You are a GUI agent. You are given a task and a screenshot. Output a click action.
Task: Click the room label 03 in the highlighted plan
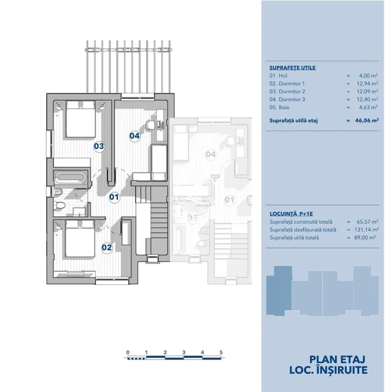99,146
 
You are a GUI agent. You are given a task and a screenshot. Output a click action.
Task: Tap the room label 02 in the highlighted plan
107,247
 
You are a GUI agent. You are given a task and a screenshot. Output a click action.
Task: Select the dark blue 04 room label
135,136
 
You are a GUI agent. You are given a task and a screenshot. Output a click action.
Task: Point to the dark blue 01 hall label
114,197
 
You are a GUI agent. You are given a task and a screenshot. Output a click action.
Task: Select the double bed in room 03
81,119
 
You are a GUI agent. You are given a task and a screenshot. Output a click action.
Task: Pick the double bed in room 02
80,239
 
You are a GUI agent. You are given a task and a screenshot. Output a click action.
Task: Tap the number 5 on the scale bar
221,352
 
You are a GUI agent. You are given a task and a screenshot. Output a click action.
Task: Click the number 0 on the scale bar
128,352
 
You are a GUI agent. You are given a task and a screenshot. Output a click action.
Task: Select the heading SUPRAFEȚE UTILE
293,68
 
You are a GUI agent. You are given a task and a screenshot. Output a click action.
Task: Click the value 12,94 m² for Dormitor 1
367,84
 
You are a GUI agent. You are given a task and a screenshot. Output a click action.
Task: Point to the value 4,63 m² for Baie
368,107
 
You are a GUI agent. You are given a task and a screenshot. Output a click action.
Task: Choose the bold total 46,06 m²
367,120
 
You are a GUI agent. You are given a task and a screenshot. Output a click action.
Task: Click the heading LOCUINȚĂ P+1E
291,214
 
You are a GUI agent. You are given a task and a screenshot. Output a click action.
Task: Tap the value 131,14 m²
366,230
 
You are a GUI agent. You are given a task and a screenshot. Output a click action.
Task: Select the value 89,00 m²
365,237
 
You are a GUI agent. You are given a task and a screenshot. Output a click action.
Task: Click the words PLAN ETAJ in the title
337,359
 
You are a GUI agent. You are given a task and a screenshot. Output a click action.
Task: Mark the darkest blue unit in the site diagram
279,291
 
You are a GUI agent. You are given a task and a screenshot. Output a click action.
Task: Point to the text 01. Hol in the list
278,75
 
